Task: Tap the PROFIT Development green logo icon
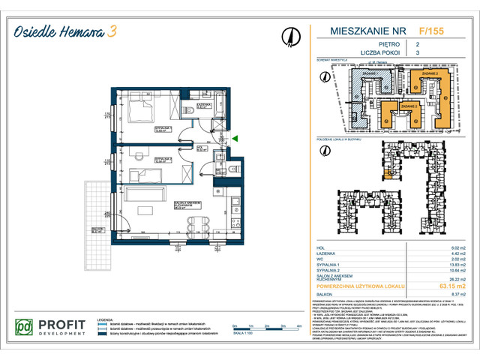click(25, 328)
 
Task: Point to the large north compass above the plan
click(289, 34)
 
